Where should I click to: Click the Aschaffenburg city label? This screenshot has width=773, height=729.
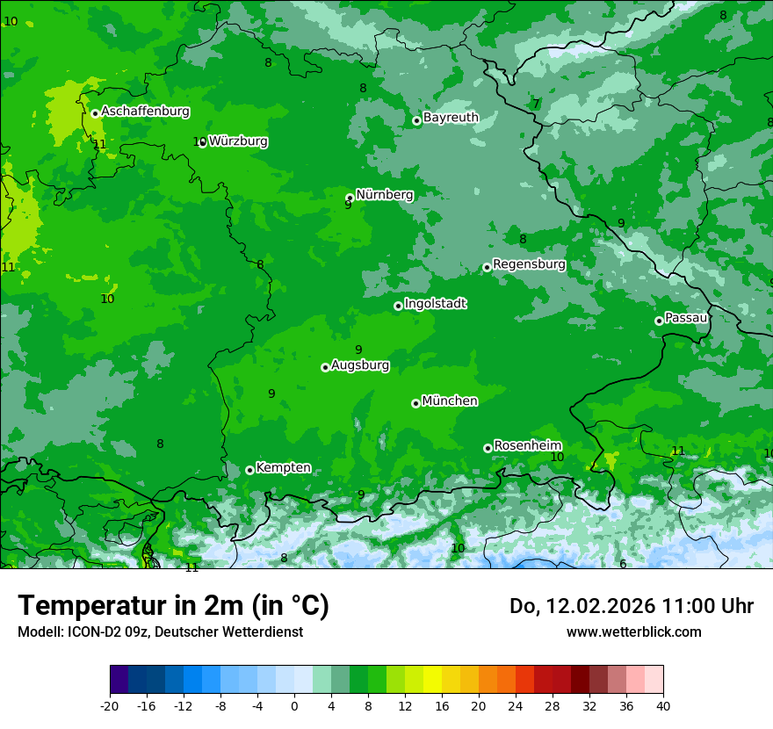click(145, 112)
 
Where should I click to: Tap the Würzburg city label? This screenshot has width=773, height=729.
click(238, 141)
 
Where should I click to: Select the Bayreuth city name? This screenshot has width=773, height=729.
click(451, 118)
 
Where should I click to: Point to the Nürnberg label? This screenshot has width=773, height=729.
click(384, 195)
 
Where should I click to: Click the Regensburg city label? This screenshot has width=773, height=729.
click(529, 264)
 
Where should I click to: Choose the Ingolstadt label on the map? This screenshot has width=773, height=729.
click(435, 304)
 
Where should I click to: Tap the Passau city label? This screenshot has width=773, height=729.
click(686, 318)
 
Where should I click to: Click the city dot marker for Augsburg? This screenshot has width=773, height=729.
click(325, 367)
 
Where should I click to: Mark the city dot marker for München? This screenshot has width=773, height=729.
click(415, 403)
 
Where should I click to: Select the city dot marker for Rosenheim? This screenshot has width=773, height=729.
click(488, 448)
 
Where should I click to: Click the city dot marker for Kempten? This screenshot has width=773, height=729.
click(249, 470)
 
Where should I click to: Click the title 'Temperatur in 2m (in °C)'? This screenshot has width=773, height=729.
click(173, 606)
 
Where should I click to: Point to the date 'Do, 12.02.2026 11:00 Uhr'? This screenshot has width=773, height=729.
click(631, 606)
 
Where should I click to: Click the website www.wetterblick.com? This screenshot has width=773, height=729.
click(633, 632)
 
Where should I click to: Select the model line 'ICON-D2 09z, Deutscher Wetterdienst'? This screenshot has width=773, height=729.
click(160, 632)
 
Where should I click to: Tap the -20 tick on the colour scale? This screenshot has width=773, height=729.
click(110, 705)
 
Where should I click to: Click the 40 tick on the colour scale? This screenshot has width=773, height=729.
click(663, 705)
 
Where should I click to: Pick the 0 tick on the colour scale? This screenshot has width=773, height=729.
click(294, 705)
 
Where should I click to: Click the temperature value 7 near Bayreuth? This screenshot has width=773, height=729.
click(536, 105)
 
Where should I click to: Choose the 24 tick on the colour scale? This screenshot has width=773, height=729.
click(516, 705)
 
